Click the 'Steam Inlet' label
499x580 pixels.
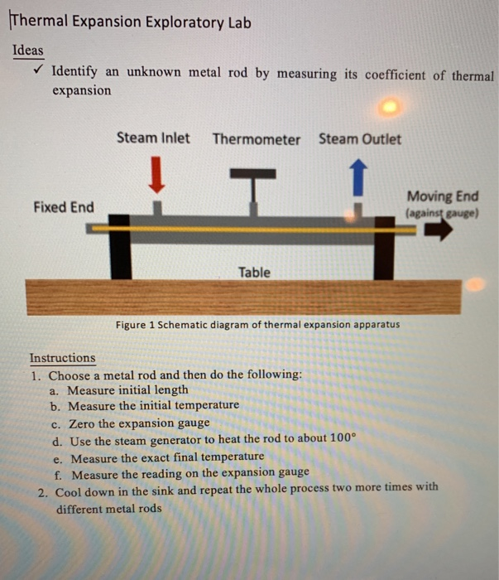pyautogui.click(x=153, y=138)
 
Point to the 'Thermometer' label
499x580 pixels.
pyautogui.click(x=257, y=139)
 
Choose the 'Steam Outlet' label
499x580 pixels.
pyautogui.click(x=360, y=138)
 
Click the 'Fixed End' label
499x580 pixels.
pyautogui.click(x=64, y=206)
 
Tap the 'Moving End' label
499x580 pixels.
pyautogui.click(x=443, y=196)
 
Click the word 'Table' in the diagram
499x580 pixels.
pyautogui.click(x=254, y=272)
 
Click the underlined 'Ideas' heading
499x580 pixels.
pyautogui.click(x=28, y=51)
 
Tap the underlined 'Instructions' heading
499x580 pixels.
pyautogui.click(x=63, y=358)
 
